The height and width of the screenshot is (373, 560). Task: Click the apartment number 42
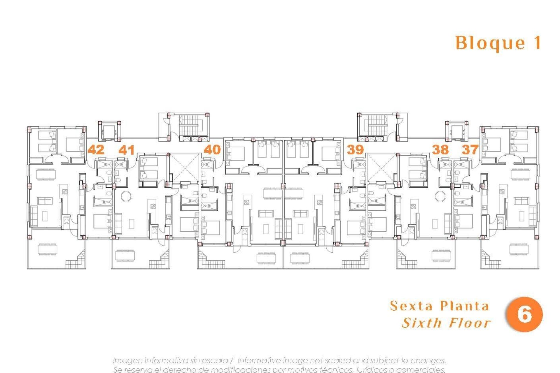coord(96,150)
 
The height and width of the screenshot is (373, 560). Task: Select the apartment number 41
coord(127,150)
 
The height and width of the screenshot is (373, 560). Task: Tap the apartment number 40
coord(212,150)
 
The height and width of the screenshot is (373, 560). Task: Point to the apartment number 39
coord(355,150)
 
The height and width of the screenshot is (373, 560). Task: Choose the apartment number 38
coord(440,150)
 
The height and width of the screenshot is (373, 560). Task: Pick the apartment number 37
coord(470,150)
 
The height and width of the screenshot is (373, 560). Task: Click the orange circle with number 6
coord(524,314)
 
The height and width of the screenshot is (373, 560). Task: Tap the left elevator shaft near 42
coord(109,131)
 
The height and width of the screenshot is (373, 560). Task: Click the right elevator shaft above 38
coord(456,131)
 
